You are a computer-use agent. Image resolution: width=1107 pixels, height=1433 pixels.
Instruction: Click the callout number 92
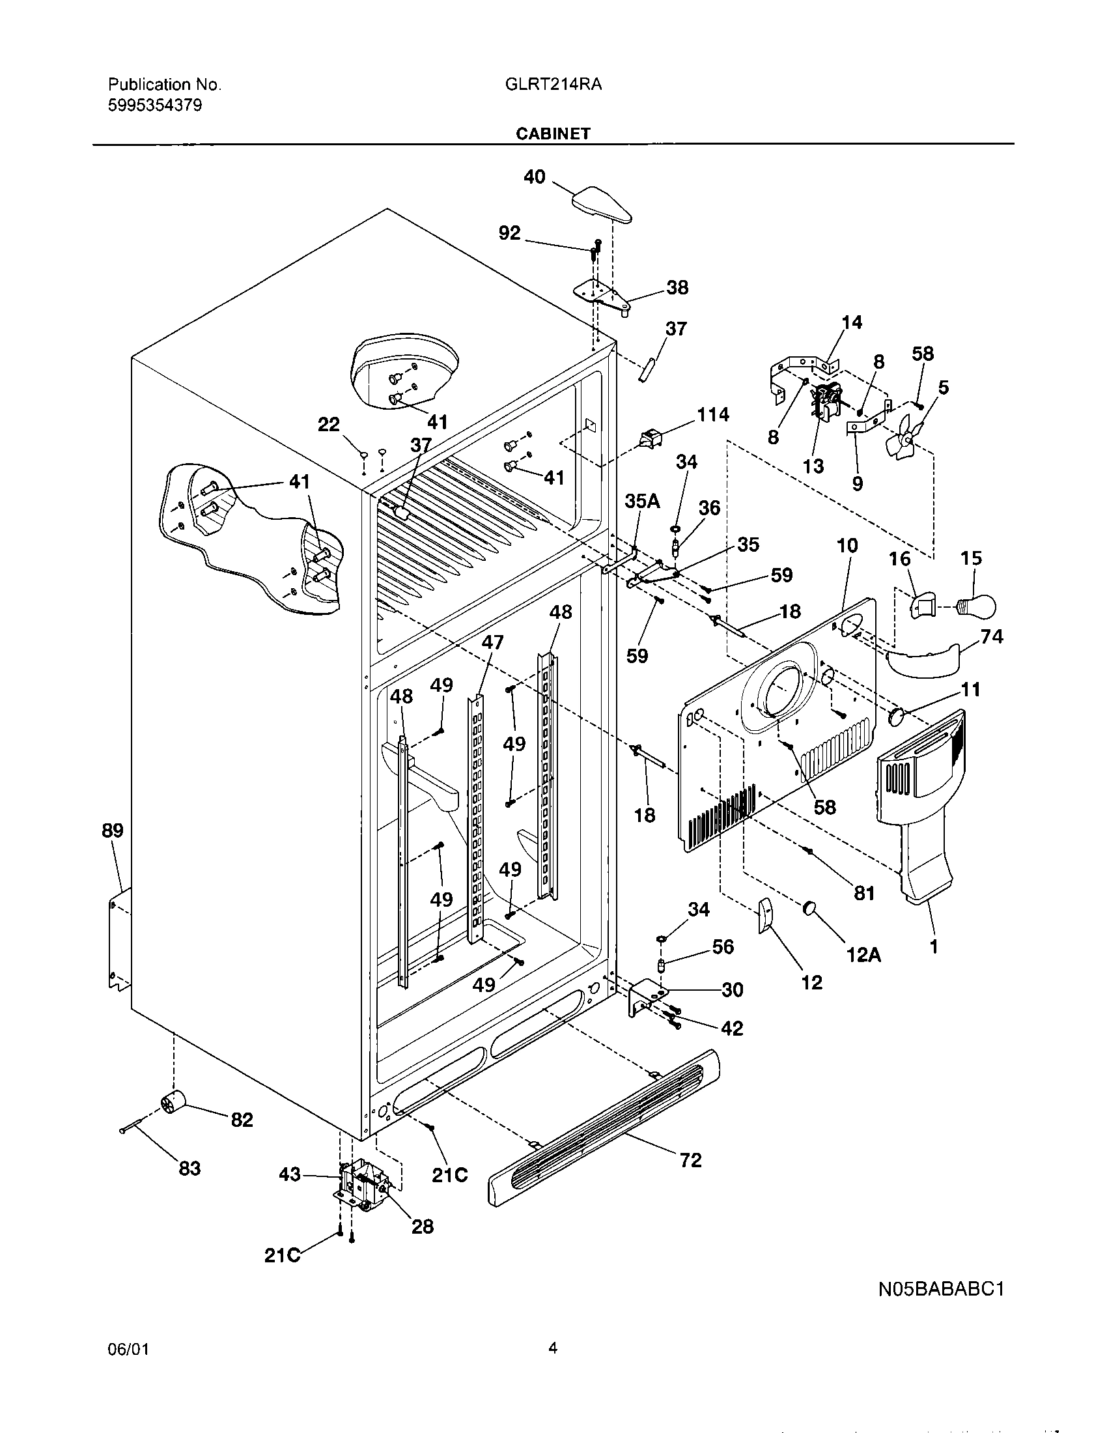[x=510, y=233]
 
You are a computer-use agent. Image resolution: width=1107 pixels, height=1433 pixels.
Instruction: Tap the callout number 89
[x=112, y=830]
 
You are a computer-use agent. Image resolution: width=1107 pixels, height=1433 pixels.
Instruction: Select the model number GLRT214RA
[x=553, y=85]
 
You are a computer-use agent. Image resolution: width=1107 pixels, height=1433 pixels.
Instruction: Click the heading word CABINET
[x=553, y=134]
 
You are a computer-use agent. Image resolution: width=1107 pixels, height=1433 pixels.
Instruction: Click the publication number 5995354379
[x=155, y=106]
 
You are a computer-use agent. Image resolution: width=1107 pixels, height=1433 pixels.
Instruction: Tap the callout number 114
[x=712, y=415]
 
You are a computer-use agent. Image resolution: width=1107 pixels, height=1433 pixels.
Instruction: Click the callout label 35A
[x=641, y=502]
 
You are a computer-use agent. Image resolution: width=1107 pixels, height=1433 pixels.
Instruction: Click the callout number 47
[x=492, y=642]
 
